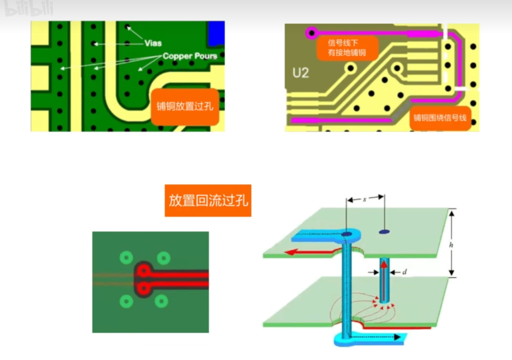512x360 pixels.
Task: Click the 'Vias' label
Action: tap(153, 43)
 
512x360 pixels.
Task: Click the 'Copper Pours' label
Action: tap(190, 56)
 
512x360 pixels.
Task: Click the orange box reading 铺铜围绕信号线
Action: tap(440, 118)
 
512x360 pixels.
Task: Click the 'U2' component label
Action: tap(300, 73)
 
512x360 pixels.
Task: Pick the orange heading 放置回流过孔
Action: tap(208, 201)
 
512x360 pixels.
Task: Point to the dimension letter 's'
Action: tap(364, 200)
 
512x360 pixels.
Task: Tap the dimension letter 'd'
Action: tap(404, 272)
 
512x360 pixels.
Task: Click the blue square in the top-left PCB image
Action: tap(216, 33)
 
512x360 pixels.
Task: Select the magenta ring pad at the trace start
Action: tap(311, 32)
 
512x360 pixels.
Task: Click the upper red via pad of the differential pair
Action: tap(144, 271)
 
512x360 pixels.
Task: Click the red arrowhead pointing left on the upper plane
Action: tap(290, 252)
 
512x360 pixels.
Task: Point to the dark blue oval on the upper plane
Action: tap(384, 232)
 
